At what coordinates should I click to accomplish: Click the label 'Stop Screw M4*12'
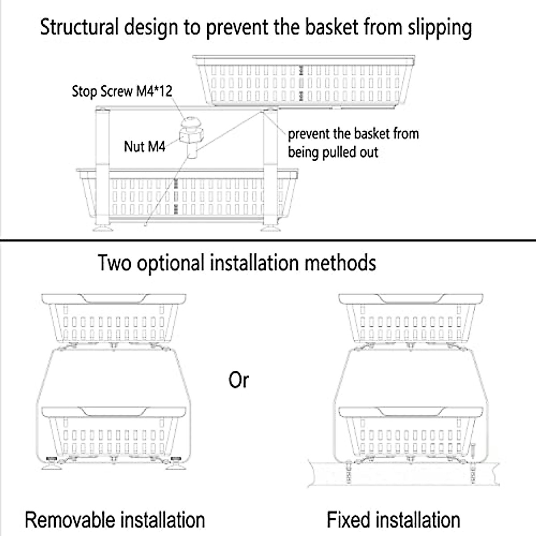[121, 92]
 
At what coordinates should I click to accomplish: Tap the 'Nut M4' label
[144, 146]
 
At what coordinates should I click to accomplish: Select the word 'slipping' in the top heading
[440, 28]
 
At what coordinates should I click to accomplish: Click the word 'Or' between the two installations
[239, 381]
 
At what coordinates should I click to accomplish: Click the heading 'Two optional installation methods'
[237, 263]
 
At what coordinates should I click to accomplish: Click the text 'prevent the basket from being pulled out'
[353, 143]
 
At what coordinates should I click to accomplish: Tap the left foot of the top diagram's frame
[102, 229]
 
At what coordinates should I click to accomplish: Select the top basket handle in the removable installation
[113, 298]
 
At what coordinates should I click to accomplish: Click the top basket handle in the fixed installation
[410, 298]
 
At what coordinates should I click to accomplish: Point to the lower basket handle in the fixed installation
[410, 411]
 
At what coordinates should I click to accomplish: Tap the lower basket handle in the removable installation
[113, 411]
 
